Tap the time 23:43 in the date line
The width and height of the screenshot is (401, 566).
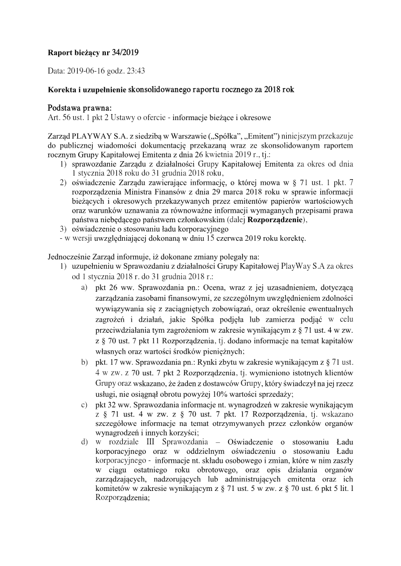point(136,71)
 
